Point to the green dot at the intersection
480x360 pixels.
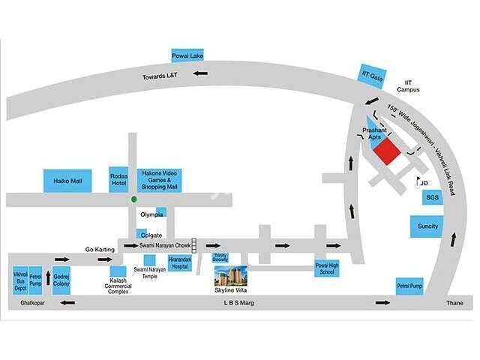point(133,199)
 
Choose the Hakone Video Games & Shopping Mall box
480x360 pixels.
point(159,180)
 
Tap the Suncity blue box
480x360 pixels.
point(427,226)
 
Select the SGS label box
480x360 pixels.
point(432,197)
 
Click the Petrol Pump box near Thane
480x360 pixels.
point(410,286)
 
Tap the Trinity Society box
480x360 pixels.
point(220,257)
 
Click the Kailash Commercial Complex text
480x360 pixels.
point(117,286)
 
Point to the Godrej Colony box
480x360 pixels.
point(61,279)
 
